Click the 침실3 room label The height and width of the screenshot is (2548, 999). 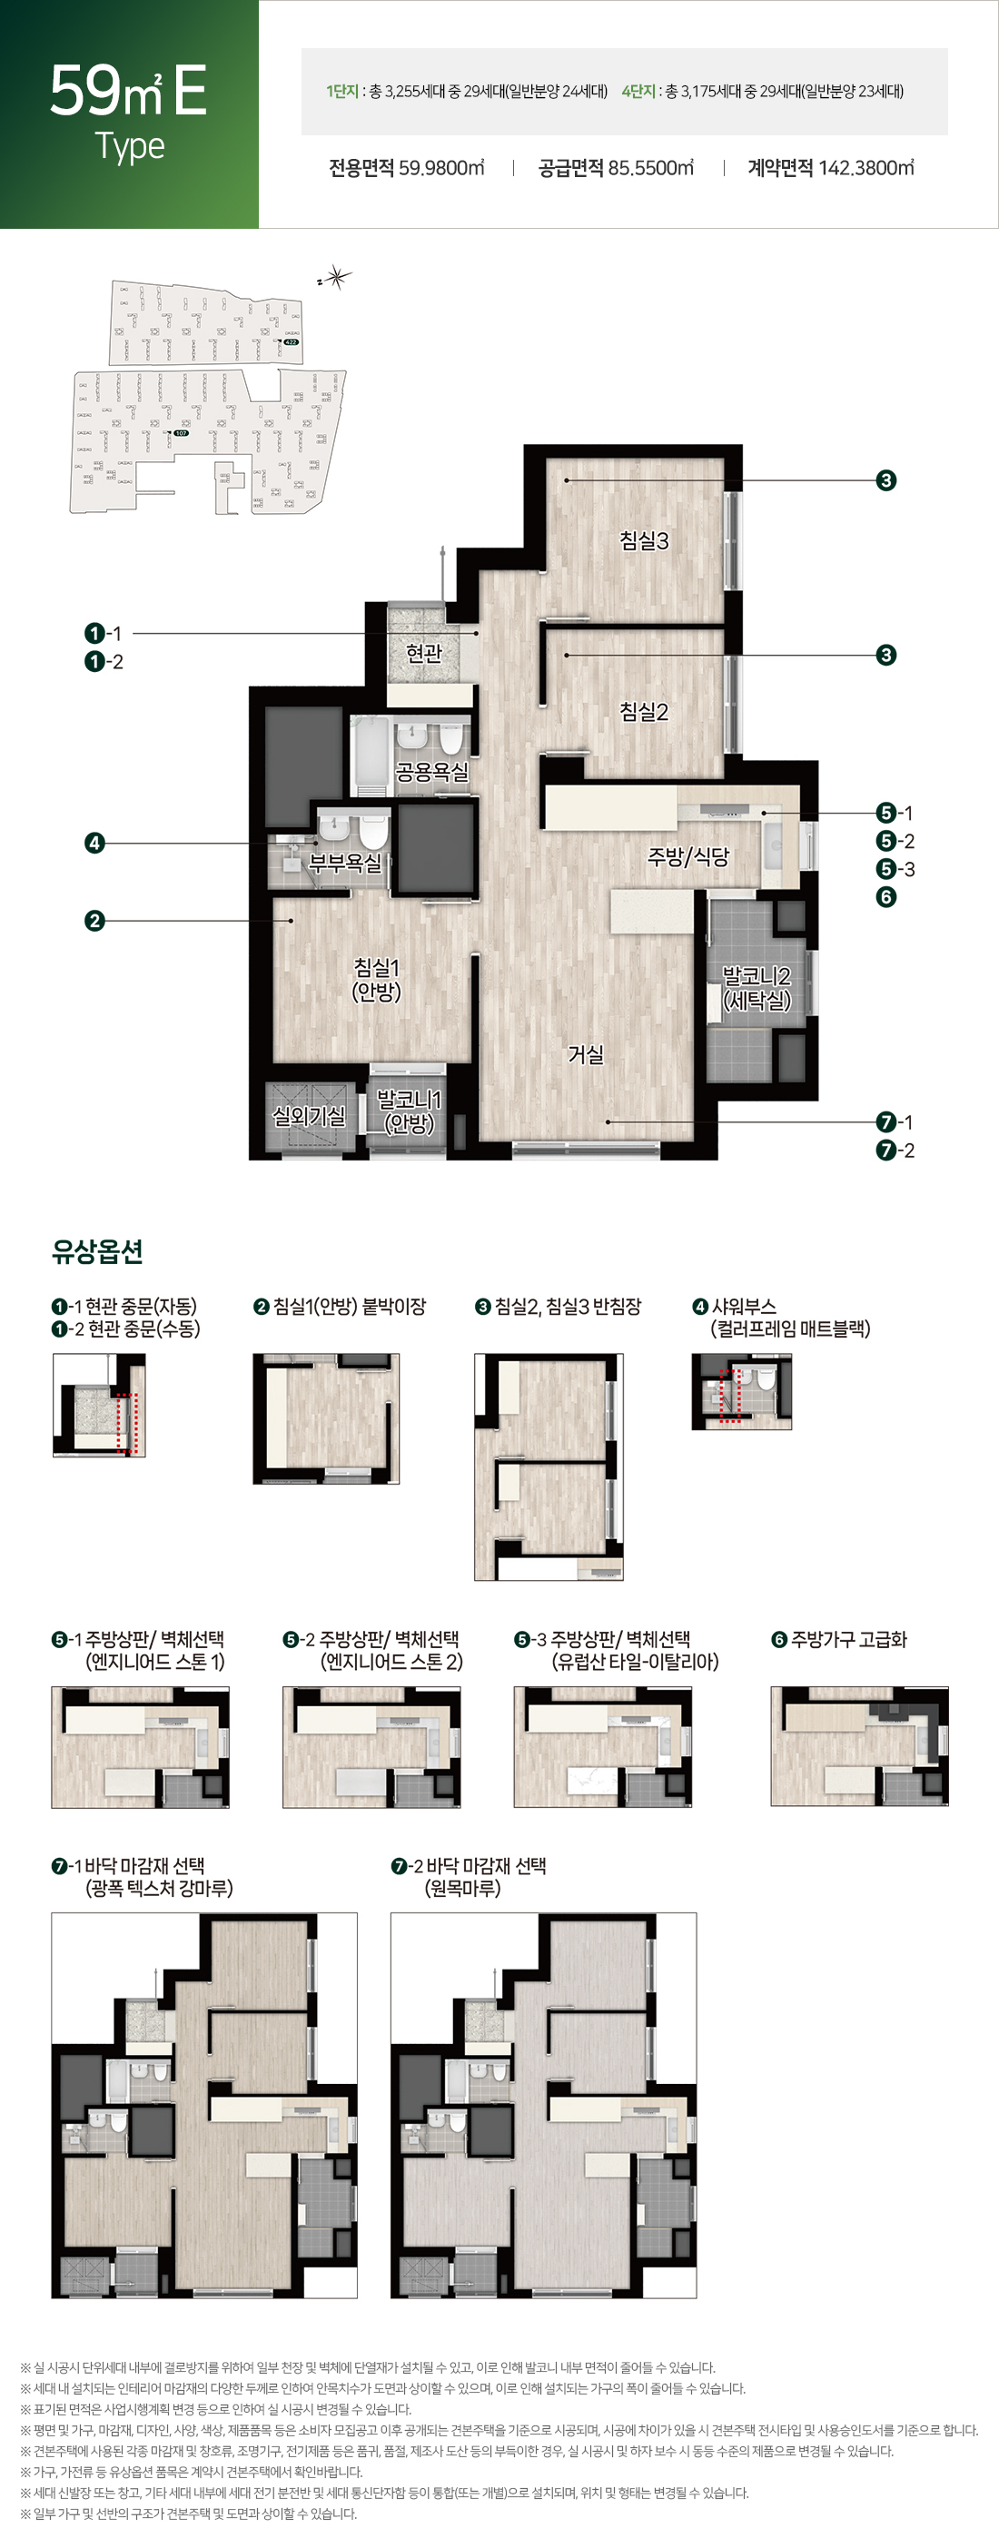point(644,540)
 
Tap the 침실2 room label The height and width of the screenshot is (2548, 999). point(644,711)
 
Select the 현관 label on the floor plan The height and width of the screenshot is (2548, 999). point(424,653)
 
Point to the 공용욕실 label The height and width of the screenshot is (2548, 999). point(431,772)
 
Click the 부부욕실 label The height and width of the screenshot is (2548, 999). point(345,863)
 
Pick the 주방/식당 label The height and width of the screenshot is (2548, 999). point(688,856)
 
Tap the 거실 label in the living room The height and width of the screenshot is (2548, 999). point(586,1054)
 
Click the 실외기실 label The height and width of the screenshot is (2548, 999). point(309,1116)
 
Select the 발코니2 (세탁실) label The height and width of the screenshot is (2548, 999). point(757,988)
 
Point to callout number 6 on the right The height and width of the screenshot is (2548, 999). point(886,897)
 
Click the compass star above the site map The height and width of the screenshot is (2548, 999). point(337,278)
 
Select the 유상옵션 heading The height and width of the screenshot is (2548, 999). point(97,1252)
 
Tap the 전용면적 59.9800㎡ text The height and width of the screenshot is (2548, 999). point(407,168)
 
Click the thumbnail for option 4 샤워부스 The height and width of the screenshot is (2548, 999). point(741,1392)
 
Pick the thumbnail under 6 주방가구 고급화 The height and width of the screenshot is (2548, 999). point(858,1746)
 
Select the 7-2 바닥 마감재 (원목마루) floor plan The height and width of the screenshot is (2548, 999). point(543,2105)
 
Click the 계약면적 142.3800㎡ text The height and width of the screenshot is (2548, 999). point(830,168)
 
